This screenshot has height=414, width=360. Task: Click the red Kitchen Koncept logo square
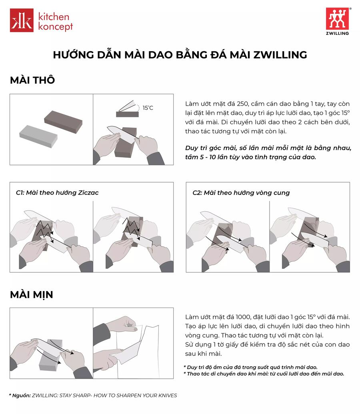pos(22,20)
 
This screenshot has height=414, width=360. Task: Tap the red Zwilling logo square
pos(337,18)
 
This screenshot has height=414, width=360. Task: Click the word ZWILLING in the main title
pos(280,55)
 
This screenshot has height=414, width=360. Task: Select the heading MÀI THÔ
pos(32,80)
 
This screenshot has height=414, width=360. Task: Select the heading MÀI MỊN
pos(32,294)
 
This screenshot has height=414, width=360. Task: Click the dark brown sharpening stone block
pos(63,122)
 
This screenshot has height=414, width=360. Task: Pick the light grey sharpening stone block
pos(38,136)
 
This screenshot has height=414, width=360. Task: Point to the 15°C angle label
pos(148,108)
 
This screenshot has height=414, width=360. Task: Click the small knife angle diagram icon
pos(128,109)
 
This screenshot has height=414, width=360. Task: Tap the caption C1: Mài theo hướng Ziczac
pos(57,193)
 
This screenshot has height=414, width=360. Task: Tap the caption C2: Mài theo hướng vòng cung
pos(241,193)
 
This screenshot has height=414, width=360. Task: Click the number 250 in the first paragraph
pos(243,104)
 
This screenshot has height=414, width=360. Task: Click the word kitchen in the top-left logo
pos(54,17)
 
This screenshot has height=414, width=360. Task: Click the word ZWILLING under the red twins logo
pos(337,33)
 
